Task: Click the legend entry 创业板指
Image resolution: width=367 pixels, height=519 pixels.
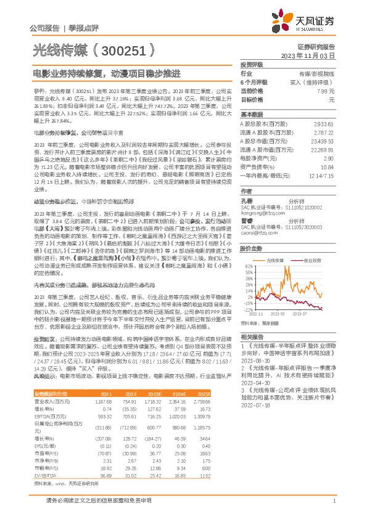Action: [x=315, y=261]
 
